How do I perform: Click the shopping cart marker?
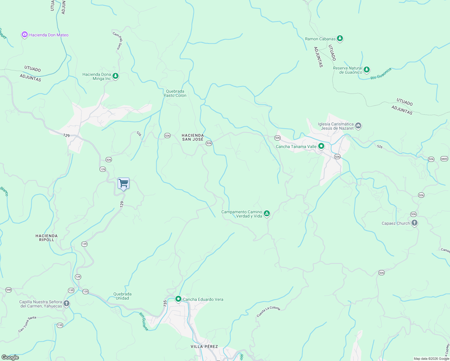[123, 183]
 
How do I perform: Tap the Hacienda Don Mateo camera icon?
[24, 35]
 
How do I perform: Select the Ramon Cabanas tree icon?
[340, 39]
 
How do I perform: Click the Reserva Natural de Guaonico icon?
[366, 70]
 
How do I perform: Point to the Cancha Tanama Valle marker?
[321, 147]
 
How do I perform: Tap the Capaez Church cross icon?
[415, 223]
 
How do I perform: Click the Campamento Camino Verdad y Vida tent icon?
[267, 214]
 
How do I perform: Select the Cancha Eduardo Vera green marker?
[178, 299]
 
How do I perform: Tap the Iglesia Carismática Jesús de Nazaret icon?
[358, 125]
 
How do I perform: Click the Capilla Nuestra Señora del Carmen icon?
[66, 304]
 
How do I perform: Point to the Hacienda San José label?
[193, 137]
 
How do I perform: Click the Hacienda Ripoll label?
[46, 238]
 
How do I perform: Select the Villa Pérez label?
[204, 347]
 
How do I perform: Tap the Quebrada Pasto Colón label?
[175, 93]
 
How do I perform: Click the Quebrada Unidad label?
[122, 296]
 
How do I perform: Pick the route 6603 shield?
[444, 159]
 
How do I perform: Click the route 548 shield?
[8, 290]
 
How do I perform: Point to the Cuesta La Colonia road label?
[268, 311]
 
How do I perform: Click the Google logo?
[10, 357]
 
